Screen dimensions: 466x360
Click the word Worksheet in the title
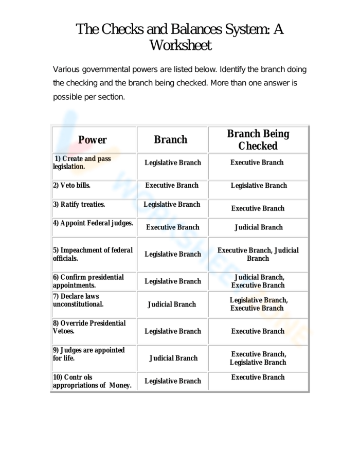tap(180, 45)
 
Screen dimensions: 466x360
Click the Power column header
tap(93, 139)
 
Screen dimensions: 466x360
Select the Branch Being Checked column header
tap(258, 139)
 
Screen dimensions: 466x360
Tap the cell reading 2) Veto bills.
tap(72, 185)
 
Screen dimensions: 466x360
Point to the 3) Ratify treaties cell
tap(79, 204)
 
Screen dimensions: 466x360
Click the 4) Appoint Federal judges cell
tap(93, 223)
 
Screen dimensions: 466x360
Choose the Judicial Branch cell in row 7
tap(172, 304)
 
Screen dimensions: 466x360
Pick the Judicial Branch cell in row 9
tap(173, 358)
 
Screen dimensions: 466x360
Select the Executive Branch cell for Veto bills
tap(172, 185)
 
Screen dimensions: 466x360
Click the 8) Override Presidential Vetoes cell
tap(89, 327)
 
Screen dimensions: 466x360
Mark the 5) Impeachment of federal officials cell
tap(93, 254)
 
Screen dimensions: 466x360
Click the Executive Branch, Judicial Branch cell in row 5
tap(258, 254)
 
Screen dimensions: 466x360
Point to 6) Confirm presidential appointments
tap(88, 281)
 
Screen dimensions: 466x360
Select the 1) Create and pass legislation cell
tap(82, 163)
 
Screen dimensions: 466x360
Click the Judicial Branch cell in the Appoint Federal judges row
tap(259, 227)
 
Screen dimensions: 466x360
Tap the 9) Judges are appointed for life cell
tap(89, 354)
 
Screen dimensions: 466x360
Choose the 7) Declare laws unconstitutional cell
tap(78, 300)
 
